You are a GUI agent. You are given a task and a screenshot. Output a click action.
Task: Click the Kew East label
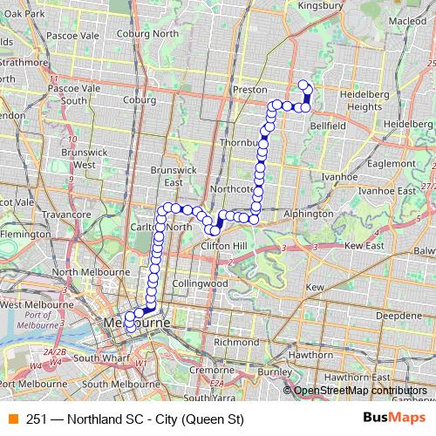(364, 247)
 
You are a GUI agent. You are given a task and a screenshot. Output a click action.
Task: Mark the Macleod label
(407, 44)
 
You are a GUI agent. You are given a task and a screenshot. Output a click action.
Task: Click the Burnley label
(275, 372)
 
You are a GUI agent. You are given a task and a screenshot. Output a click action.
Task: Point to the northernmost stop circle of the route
(303, 85)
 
